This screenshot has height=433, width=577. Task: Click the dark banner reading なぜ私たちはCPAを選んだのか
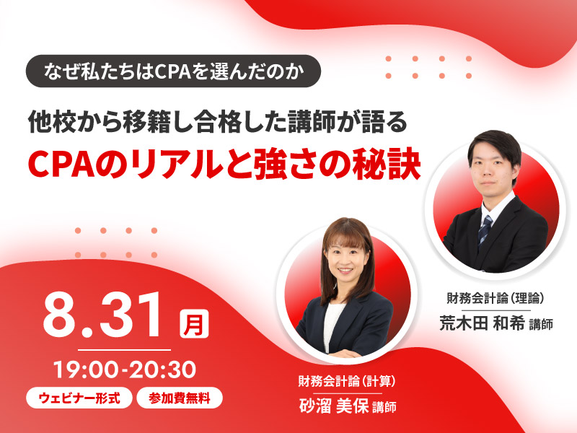173,71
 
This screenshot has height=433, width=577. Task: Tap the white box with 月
194,323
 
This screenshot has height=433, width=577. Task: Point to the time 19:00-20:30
125,369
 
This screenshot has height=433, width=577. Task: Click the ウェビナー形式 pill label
79,398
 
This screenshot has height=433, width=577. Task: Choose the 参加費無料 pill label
180,398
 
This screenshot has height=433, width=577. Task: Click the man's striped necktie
484,230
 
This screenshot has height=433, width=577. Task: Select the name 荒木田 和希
482,323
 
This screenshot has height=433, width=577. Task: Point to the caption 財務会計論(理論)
495,298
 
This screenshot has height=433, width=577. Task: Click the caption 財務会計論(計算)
346,381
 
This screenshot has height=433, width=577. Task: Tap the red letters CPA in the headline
61,165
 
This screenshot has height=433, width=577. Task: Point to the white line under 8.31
124,350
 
